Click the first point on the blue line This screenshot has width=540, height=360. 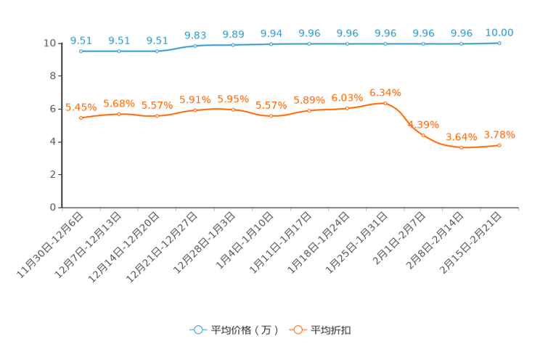(x=81, y=52)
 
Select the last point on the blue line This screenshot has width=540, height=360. (x=499, y=44)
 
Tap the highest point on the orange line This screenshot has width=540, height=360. (x=385, y=103)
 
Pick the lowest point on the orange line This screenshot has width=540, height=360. (x=461, y=148)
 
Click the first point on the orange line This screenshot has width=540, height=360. (x=81, y=118)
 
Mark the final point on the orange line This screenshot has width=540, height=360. (x=499, y=145)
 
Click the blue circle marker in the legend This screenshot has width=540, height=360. (x=198, y=330)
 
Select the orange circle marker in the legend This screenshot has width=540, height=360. (x=297, y=330)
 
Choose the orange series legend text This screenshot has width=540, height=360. (x=332, y=330)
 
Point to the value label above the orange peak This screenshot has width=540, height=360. (x=385, y=93)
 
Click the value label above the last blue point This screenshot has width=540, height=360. (x=499, y=33)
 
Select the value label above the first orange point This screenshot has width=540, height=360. (x=81, y=107)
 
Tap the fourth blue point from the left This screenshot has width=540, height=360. (x=195, y=46)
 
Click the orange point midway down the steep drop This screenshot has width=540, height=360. (x=423, y=135)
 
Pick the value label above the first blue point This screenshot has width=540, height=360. (x=81, y=41)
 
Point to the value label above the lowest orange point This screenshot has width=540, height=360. (x=461, y=136)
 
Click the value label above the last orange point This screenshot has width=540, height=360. (x=499, y=134)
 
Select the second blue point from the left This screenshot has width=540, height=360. (x=119, y=52)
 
